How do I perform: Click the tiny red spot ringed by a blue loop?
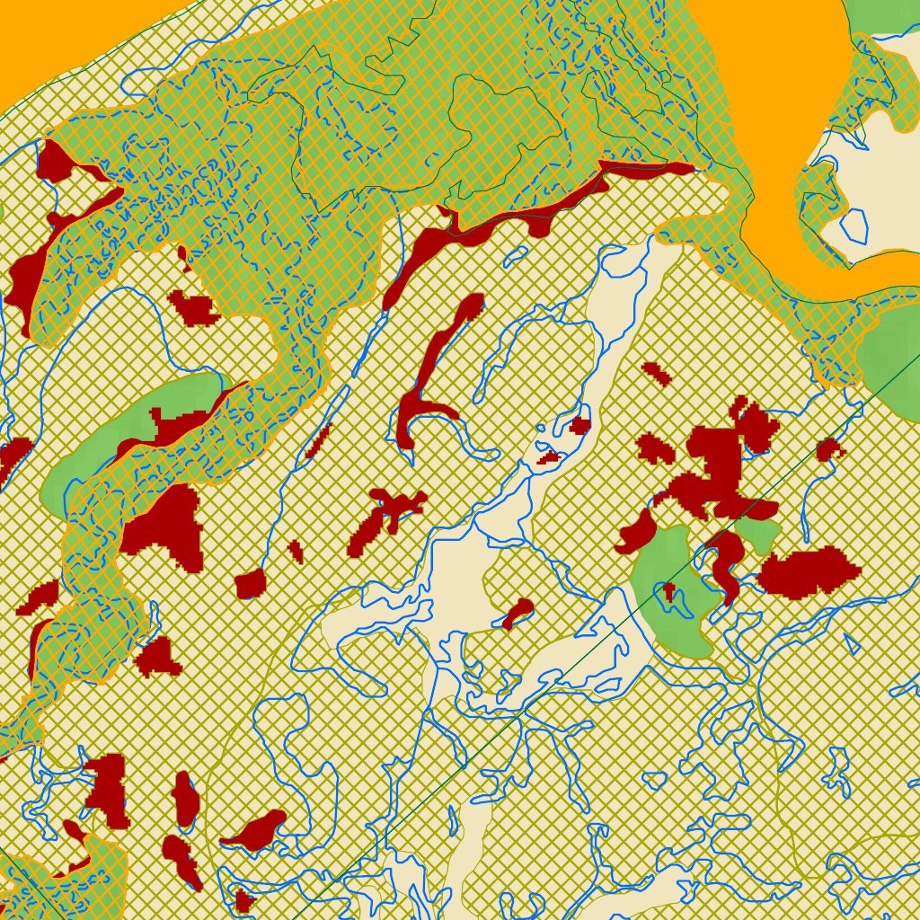pyautogui.click(x=668, y=591)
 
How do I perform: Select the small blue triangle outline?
pyautogui.click(x=851, y=642)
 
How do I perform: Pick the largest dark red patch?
pyautogui.click(x=719, y=467)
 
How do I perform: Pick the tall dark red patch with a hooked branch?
pyautogui.click(x=431, y=368)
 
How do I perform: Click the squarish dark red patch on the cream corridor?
pyautogui.click(x=579, y=425)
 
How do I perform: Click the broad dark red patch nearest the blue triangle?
pyautogui.click(x=809, y=571)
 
